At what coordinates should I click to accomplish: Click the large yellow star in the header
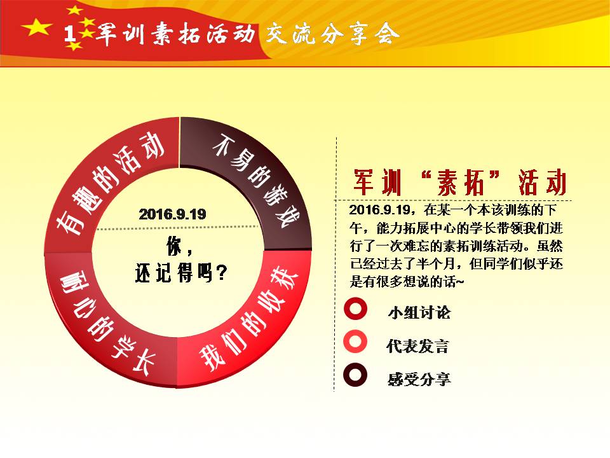[37, 27]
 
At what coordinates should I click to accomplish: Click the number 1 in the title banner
[70, 34]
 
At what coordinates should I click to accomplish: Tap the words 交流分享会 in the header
[332, 34]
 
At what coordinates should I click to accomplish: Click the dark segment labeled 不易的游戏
[257, 171]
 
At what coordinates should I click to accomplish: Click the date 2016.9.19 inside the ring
[172, 214]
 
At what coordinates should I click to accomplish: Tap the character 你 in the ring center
[174, 246]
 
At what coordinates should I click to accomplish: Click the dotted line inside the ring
[177, 228]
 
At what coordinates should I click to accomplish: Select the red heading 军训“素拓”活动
[459, 183]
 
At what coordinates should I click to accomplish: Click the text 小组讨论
[419, 312]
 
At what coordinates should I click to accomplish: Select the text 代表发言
[418, 346]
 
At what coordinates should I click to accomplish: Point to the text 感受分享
[419, 379]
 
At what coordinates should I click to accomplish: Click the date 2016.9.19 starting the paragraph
[380, 210]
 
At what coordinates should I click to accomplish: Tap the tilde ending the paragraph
[459, 282]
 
